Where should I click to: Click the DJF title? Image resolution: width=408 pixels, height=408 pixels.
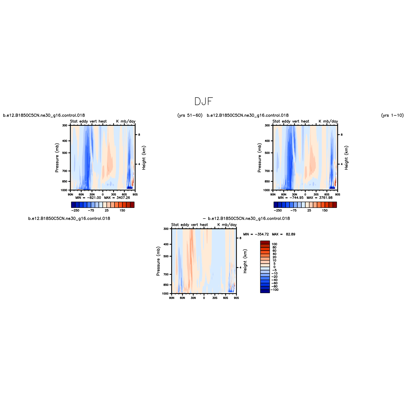click(x=204, y=101)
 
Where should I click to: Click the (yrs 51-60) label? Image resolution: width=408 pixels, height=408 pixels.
click(x=190, y=115)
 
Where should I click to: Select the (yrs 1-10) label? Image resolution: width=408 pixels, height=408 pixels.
click(x=392, y=115)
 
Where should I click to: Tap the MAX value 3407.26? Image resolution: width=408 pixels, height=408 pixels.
click(x=123, y=198)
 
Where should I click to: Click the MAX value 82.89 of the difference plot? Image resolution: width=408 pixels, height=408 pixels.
click(x=291, y=234)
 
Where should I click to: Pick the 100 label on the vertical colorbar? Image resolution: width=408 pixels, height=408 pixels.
click(x=274, y=244)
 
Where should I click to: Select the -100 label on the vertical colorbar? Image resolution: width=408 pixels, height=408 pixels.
click(x=274, y=290)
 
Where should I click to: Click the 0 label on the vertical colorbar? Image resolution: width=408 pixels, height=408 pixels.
click(x=274, y=267)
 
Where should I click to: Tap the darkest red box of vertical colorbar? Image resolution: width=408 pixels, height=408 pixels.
click(x=265, y=242)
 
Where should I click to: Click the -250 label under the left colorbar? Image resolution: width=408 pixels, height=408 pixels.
click(x=75, y=211)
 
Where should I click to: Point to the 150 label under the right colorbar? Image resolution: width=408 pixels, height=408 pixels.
click(x=325, y=211)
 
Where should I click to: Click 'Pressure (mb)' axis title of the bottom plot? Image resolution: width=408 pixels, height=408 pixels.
click(x=158, y=261)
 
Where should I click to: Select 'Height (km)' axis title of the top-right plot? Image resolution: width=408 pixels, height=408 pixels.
click(x=346, y=158)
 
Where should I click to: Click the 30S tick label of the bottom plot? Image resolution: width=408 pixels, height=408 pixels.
click(x=215, y=298)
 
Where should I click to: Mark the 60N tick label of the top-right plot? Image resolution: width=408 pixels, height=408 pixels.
click(x=284, y=195)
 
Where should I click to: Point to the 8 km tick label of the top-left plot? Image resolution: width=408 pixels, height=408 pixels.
click(x=139, y=135)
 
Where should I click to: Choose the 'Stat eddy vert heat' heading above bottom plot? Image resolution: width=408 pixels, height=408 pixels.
click(x=190, y=225)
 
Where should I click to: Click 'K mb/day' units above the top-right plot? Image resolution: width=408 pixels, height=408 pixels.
click(x=328, y=121)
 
